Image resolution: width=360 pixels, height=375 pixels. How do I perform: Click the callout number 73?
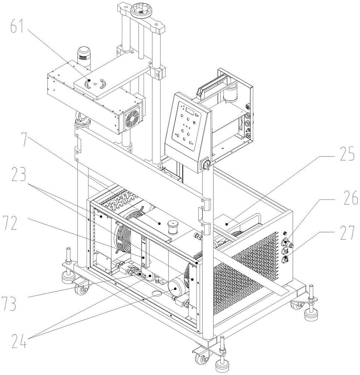(x=10, y=303)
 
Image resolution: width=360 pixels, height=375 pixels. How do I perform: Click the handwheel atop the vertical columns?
(x=141, y=8)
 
